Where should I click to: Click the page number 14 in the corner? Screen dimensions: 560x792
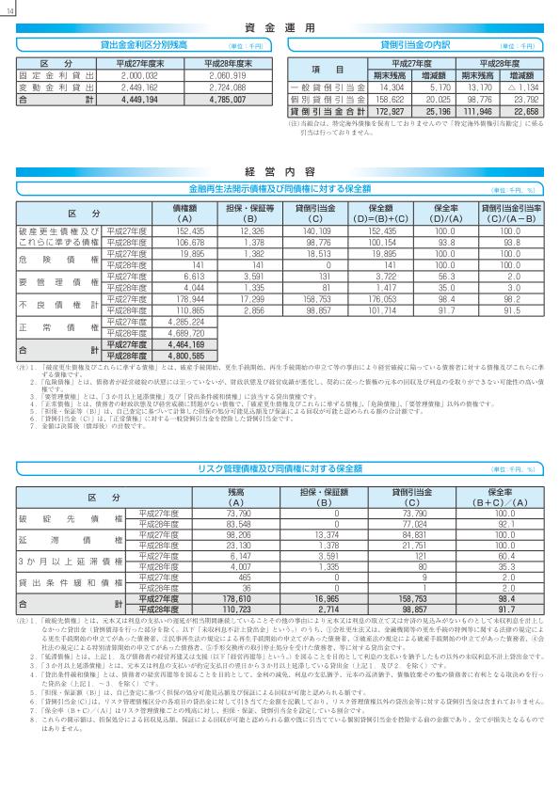pyautogui.click(x=9, y=9)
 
